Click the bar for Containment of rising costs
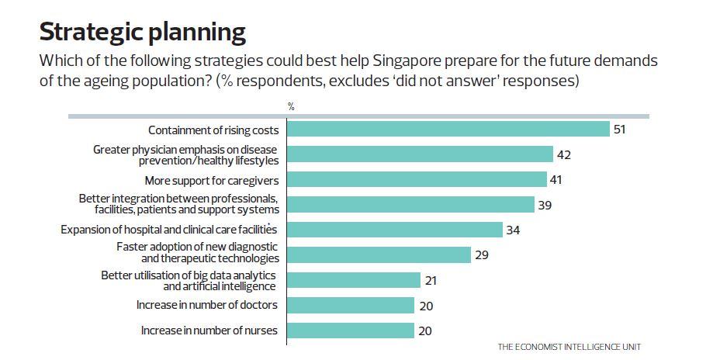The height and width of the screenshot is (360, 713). pyautogui.click(x=448, y=129)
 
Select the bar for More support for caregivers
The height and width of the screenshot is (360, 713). pyautogui.click(x=417, y=179)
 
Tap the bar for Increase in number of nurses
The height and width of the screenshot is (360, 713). pyautogui.click(x=351, y=331)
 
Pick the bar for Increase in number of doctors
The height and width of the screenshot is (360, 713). pyautogui.click(x=351, y=305)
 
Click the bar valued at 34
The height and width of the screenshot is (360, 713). pyautogui.click(x=395, y=230)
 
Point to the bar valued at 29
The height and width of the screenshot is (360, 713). pyautogui.click(x=379, y=254)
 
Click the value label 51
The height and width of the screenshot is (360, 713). pyautogui.click(x=619, y=130)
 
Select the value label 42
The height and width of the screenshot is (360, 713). pyautogui.click(x=564, y=154)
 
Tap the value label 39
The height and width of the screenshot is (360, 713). pyautogui.click(x=545, y=205)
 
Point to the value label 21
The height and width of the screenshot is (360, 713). pyautogui.click(x=431, y=280)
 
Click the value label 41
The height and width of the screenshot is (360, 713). pyautogui.click(x=556, y=180)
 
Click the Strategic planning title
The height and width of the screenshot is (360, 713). pyautogui.click(x=142, y=33)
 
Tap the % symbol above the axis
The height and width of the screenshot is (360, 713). pyautogui.click(x=292, y=106)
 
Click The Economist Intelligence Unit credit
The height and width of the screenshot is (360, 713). pyautogui.click(x=569, y=346)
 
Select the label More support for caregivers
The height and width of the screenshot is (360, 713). pyautogui.click(x=212, y=180)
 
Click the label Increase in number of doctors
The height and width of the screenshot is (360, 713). pyautogui.click(x=207, y=305)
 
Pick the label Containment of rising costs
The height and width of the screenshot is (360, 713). pyautogui.click(x=213, y=129)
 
